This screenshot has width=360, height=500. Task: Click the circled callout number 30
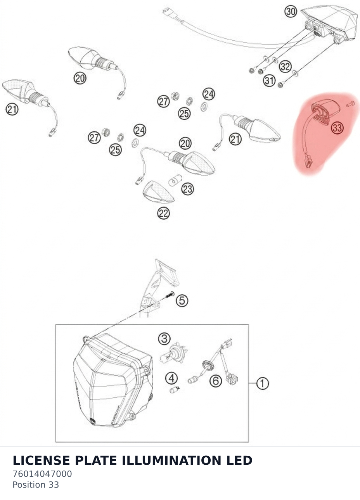[291, 11]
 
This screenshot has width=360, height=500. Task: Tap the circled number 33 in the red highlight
[337, 128]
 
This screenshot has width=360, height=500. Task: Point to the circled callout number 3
[164, 339]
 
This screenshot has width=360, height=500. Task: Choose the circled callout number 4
[171, 378]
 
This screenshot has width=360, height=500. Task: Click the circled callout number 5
[182, 301]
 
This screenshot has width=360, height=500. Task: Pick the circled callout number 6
[216, 381]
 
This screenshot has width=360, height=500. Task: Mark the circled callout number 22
[163, 213]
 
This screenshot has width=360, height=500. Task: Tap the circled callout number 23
[187, 189]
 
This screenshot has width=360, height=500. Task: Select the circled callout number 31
[269, 81]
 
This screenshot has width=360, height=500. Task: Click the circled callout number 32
[285, 67]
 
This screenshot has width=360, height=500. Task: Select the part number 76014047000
[42, 474]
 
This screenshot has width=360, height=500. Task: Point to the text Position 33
[36, 485]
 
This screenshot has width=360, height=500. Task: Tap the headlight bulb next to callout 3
[173, 353]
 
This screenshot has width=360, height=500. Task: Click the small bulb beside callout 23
[175, 180]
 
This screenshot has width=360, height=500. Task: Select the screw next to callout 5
[170, 295]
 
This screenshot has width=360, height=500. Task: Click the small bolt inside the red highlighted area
[350, 104]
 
